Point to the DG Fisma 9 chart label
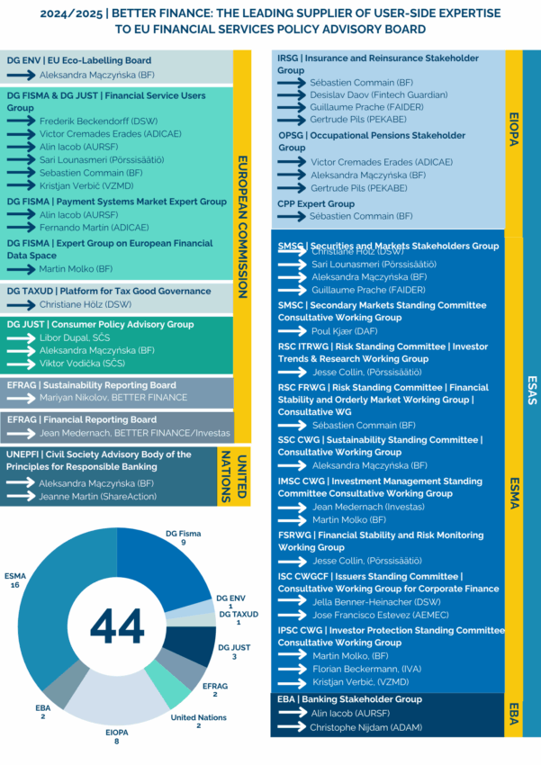184,538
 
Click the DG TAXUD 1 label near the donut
238,617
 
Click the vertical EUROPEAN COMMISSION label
242,228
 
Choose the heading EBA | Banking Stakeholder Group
350,699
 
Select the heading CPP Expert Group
316,203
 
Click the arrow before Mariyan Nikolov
22,398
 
